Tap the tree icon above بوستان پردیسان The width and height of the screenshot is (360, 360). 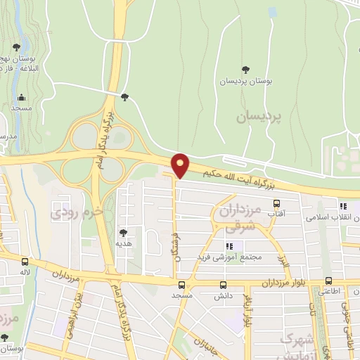[245, 69]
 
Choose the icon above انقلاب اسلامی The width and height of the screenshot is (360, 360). [344, 206]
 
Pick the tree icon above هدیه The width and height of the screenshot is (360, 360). [124, 233]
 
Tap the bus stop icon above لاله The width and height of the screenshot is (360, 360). [25, 260]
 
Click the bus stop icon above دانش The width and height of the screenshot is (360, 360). [224, 285]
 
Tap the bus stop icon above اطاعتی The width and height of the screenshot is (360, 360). [328, 278]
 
